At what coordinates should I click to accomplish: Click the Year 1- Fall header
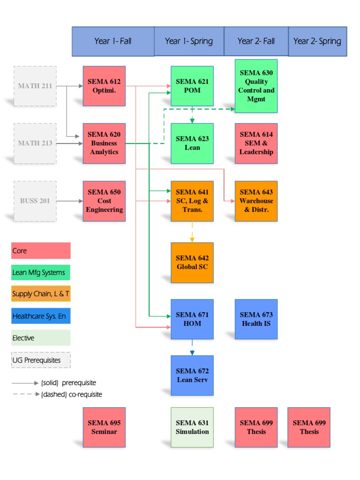(113, 41)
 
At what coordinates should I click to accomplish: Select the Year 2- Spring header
(317, 41)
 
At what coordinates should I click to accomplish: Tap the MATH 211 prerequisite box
(35, 86)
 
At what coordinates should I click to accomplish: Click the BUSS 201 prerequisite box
(35, 201)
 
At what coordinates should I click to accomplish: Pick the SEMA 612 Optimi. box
(104, 86)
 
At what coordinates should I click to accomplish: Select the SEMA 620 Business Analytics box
(104, 143)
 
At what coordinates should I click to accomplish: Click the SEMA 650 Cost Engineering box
(104, 201)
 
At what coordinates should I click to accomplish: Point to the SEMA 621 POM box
(192, 86)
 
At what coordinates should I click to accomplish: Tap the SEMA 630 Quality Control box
(256, 86)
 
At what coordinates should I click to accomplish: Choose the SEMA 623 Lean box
(192, 143)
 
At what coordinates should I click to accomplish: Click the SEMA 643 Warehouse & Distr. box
(256, 201)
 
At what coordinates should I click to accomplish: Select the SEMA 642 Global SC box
(192, 262)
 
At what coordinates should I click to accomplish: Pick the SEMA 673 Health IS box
(256, 319)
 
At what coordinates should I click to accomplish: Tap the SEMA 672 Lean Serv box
(192, 375)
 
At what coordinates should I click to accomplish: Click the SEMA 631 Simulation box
(192, 427)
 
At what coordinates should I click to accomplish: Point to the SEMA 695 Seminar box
(104, 427)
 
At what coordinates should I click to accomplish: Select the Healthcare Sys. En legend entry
(41, 316)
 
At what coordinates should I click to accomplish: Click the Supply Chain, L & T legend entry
(41, 294)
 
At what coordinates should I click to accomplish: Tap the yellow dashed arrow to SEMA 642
(192, 232)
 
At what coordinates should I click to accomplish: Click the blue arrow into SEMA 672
(192, 347)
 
